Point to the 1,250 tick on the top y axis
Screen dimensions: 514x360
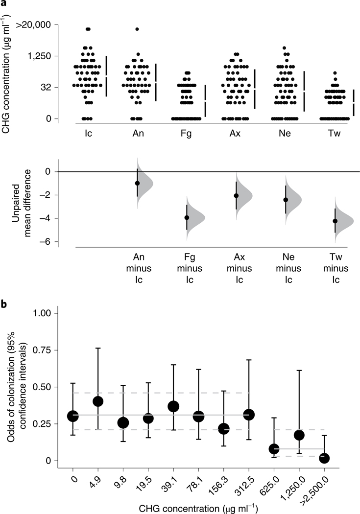tap(40, 56)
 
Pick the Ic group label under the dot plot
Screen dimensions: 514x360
tap(87, 132)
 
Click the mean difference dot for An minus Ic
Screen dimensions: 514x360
tap(137, 183)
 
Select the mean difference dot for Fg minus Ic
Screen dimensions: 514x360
tap(187, 218)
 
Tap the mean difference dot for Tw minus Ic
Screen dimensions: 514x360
tap(335, 221)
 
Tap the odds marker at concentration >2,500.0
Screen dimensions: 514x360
tap(324, 458)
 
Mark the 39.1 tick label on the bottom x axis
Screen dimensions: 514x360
tap(171, 477)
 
